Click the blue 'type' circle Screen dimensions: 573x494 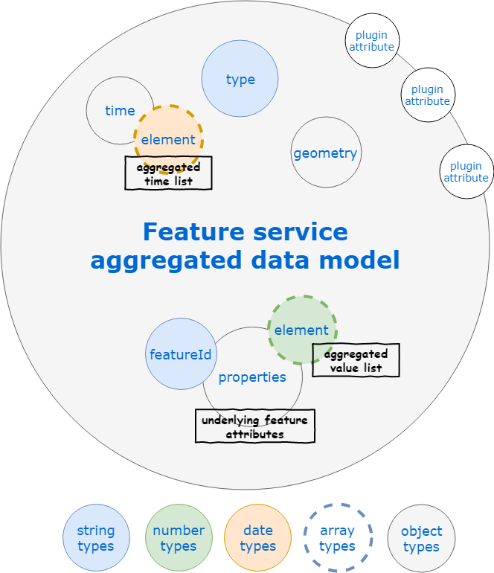pos(240,79)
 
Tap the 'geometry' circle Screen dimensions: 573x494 pos(326,153)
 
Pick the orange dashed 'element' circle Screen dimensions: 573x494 pos(169,139)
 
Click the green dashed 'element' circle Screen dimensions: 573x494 pos(302,330)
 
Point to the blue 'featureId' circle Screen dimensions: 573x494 pos(180,354)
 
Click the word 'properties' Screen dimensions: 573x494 pos(252,377)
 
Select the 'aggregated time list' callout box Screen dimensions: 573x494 pos(168,173)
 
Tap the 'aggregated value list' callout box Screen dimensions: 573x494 pos(356,361)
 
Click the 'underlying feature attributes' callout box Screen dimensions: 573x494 pos(254,426)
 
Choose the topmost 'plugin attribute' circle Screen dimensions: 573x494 pos(372,40)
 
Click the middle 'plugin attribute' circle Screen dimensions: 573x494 pos(428,95)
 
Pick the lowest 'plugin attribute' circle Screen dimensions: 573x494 pos(466,171)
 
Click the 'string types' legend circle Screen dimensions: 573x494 pos(96,538)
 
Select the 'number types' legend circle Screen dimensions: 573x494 pos(179,538)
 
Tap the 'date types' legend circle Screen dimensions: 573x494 pos(258,538)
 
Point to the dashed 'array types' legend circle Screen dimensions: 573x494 pos(337,538)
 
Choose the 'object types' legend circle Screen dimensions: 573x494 pos(421,538)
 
